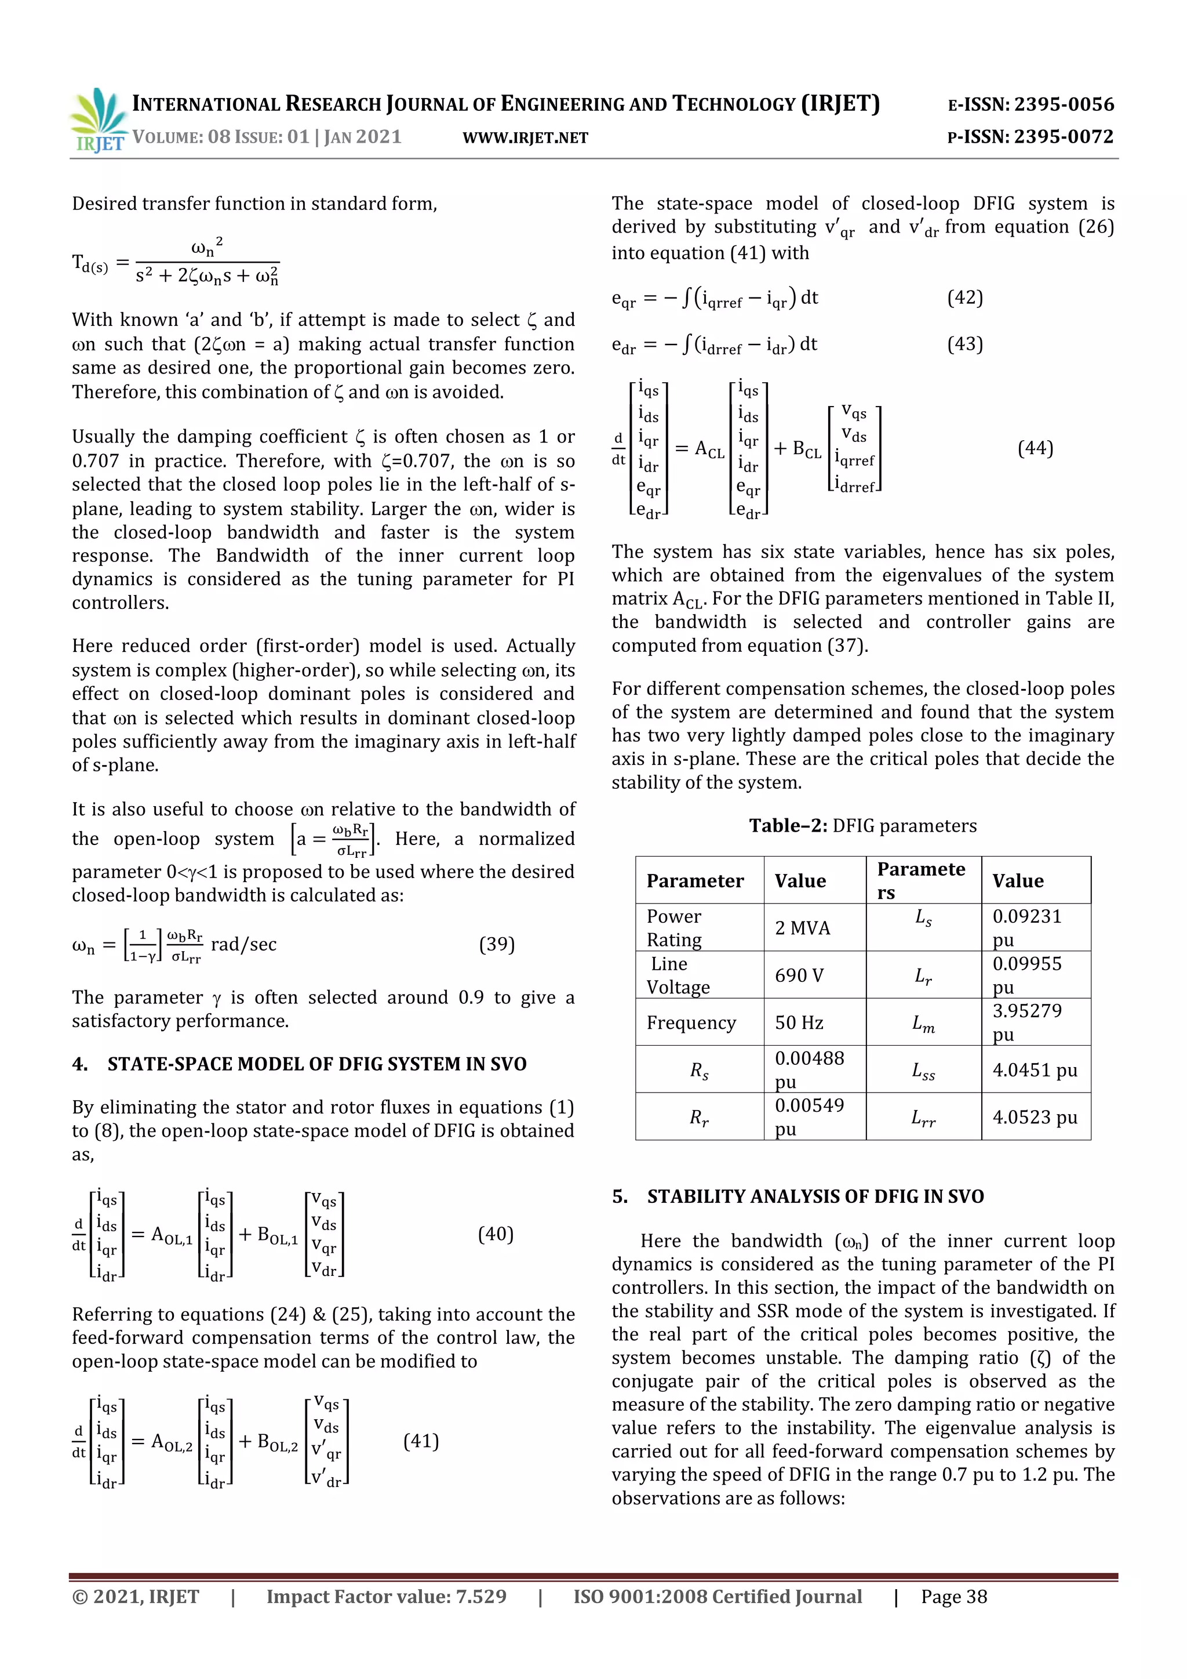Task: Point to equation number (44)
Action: coord(1035,448)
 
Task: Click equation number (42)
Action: coord(965,298)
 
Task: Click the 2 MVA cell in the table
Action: coord(803,927)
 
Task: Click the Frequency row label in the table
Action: coord(691,1022)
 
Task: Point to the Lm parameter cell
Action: coord(923,1024)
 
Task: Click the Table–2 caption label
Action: coord(789,826)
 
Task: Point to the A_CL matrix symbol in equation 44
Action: coord(709,449)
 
